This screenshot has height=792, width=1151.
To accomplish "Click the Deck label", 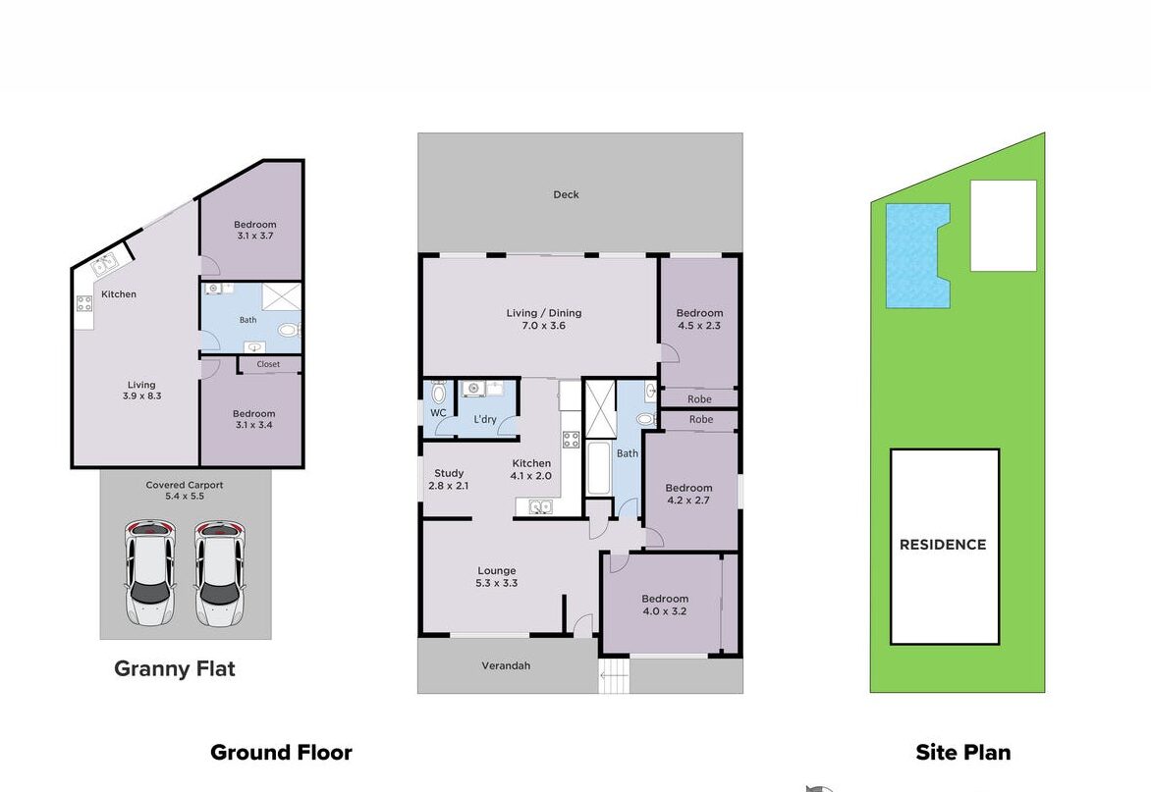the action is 566,194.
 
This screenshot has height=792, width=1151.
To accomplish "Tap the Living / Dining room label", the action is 544,319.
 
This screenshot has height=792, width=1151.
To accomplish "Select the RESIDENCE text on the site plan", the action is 943,545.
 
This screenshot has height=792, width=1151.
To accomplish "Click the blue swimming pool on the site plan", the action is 917,255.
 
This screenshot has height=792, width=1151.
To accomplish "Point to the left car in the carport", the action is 150,573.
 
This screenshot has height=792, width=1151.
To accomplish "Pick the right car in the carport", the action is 219,573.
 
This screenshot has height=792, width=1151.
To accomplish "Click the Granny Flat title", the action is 175,668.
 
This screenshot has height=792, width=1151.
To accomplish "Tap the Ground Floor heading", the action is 281,753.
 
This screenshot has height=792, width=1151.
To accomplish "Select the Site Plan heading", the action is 963,753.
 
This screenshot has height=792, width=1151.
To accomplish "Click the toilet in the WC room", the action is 439,393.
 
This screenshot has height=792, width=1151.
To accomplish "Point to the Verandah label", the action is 506,665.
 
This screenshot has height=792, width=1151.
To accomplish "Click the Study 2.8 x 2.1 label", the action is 449,480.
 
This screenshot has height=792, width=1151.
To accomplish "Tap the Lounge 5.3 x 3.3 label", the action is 497,577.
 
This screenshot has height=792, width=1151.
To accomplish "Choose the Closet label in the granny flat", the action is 269,364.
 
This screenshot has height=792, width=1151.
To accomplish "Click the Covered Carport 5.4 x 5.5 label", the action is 185,491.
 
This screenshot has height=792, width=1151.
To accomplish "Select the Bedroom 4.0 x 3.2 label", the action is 665,605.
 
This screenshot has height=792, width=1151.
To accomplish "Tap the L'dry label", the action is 485,419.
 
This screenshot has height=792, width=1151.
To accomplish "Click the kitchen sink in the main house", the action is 539,506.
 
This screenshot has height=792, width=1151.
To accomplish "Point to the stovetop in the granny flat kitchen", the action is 84,303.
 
